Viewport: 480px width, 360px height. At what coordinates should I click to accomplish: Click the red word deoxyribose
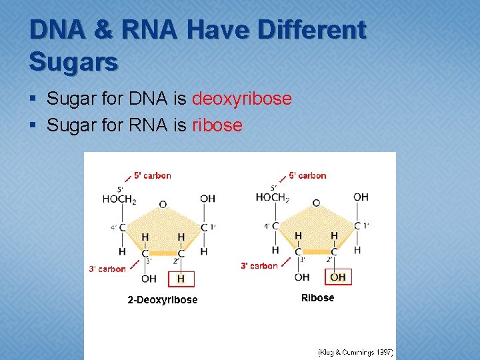[241, 99]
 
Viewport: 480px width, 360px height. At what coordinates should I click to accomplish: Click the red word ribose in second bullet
[217, 125]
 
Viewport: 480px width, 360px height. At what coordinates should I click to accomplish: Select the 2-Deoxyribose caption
[163, 300]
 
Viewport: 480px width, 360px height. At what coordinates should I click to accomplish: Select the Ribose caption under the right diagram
[317, 298]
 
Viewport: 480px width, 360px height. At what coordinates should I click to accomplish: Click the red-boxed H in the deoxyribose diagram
[181, 278]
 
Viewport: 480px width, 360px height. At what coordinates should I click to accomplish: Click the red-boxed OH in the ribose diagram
[338, 277]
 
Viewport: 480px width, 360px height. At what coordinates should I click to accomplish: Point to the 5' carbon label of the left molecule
[152, 176]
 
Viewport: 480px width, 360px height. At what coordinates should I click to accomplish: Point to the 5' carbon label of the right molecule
[307, 176]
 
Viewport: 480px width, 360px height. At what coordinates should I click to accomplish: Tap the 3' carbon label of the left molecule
[107, 269]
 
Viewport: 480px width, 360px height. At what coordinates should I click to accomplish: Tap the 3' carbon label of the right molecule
[259, 266]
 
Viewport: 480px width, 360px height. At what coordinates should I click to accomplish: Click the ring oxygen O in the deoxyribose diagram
[163, 205]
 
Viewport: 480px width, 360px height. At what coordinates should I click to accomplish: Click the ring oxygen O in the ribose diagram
[316, 203]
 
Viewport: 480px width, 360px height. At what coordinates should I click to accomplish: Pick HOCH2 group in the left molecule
[119, 199]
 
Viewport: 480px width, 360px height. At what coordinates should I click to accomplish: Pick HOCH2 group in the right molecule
[272, 197]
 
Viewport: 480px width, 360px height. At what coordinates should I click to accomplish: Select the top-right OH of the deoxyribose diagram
[207, 199]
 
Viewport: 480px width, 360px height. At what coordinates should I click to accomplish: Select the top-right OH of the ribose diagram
[361, 197]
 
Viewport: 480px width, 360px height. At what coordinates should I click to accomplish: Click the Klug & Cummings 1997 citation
[355, 352]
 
